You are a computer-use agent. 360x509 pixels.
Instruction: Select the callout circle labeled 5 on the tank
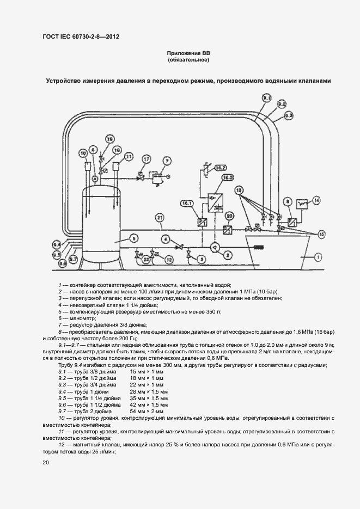pyautogui.click(x=134, y=237)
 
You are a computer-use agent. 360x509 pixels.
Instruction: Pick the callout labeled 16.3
pyautogui.click(x=228, y=177)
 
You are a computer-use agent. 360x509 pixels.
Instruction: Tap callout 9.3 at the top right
pyautogui.click(x=289, y=115)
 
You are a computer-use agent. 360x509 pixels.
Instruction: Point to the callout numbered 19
pyautogui.click(x=109, y=138)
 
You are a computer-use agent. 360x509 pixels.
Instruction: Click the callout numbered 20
pyautogui.click(x=229, y=217)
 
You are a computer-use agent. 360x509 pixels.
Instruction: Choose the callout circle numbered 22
pyautogui.click(x=146, y=260)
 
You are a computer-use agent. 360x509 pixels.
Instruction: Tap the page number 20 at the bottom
pyautogui.click(x=46, y=462)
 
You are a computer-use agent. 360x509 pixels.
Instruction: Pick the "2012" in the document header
pyautogui.click(x=111, y=36)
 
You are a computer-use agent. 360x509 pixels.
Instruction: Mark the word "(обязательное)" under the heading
pyautogui.click(x=188, y=60)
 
